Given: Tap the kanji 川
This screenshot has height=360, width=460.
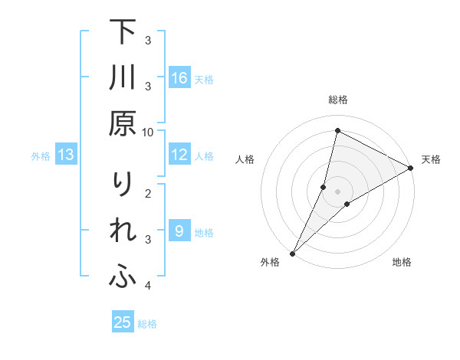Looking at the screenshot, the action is (x=123, y=78).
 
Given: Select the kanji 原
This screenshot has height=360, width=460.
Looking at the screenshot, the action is (x=123, y=124).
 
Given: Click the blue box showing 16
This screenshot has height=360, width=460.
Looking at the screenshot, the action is (x=179, y=78).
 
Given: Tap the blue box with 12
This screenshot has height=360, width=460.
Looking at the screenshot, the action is (x=179, y=155).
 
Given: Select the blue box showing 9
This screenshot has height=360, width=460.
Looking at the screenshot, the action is (x=179, y=231).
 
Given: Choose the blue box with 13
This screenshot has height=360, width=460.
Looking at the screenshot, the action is (x=66, y=155).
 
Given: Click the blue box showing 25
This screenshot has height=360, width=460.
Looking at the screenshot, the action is (x=123, y=322).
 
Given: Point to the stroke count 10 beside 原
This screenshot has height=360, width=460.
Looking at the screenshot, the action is (x=148, y=132).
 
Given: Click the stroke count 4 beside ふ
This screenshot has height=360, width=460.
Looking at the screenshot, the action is (x=148, y=286).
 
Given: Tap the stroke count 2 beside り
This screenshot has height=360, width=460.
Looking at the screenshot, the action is (x=148, y=193).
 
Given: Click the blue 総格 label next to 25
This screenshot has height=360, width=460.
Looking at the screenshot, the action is (x=147, y=324).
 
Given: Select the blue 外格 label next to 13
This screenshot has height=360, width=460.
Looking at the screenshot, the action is (x=41, y=156).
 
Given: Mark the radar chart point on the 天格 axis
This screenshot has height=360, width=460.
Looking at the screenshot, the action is (x=411, y=168).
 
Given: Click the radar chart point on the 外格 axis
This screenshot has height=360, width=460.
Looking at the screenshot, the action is (x=293, y=253).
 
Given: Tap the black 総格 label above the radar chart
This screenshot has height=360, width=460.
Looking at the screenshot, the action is (x=337, y=100).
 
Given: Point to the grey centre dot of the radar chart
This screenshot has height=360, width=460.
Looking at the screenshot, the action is (x=337, y=191).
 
